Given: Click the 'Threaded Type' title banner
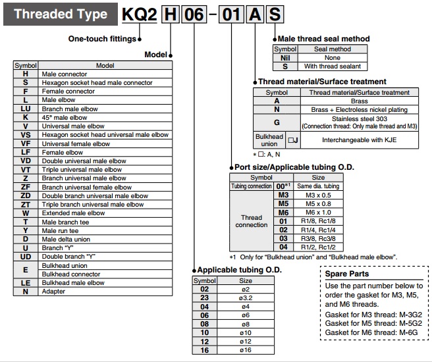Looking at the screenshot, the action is (60, 14).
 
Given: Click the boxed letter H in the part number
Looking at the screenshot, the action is (169, 14).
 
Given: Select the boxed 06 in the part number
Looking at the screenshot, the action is (193, 14).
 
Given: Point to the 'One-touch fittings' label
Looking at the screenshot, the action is (102, 38).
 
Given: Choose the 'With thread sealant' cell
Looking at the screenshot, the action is (333, 66).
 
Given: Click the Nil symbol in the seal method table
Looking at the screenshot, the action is (285, 57).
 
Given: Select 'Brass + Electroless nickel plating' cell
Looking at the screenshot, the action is (360, 109).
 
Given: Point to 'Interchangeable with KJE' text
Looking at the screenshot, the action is (360, 140).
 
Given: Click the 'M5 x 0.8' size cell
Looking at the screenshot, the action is (318, 203).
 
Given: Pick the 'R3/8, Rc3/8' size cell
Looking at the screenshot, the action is (318, 238).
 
